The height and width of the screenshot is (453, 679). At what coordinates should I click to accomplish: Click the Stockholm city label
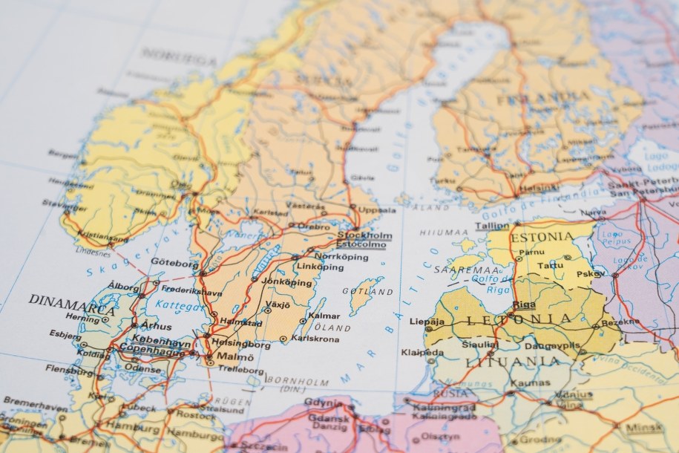click(x=364, y=235)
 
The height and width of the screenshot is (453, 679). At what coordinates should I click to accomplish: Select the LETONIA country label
click(x=519, y=320)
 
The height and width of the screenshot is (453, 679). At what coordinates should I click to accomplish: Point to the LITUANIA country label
click(x=513, y=362)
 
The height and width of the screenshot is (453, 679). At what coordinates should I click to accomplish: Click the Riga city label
click(x=523, y=304)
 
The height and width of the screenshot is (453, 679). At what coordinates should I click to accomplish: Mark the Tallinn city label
click(x=492, y=226)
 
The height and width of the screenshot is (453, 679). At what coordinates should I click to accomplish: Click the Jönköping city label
click(x=287, y=283)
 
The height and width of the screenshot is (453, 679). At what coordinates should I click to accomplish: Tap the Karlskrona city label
click(x=315, y=339)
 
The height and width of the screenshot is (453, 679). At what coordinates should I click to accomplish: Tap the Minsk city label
click(x=643, y=428)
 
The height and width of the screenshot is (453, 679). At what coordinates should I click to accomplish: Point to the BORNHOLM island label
click(x=297, y=381)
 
